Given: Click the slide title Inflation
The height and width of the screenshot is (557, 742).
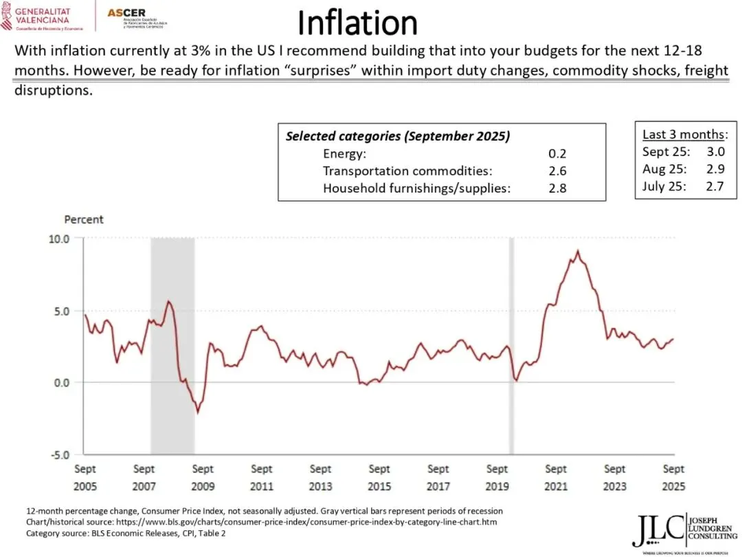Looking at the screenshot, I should [x=357, y=23].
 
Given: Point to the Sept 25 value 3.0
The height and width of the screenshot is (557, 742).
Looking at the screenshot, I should [x=715, y=152].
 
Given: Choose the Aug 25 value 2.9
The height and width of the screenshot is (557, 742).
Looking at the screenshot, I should [x=715, y=168].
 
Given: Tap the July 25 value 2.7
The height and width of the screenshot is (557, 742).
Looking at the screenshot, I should [x=715, y=186].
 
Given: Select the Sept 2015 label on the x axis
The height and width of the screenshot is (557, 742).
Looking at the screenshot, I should [x=379, y=477].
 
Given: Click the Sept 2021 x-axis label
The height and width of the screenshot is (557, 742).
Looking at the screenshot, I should [x=556, y=477].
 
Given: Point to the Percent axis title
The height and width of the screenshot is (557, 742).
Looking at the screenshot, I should [x=84, y=219].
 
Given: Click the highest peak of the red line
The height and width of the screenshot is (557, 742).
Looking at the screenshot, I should [x=578, y=251].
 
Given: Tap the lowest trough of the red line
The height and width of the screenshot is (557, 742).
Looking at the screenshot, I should [x=198, y=413].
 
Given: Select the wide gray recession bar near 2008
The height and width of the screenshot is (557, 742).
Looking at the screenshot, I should [x=172, y=344].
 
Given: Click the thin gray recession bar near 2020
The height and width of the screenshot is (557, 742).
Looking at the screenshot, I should [x=511, y=344].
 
